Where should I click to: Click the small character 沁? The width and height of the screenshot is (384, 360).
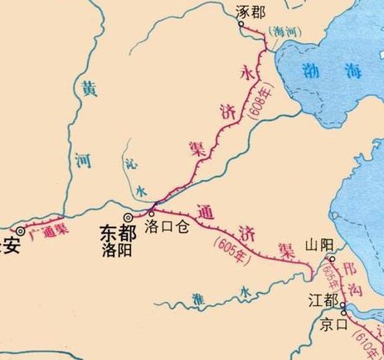pos(129,164)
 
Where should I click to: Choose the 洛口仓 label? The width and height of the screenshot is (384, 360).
pos(168,225)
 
